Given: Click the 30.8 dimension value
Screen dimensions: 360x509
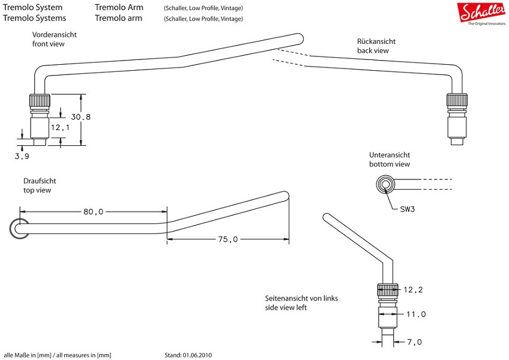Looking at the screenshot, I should click(x=80, y=117).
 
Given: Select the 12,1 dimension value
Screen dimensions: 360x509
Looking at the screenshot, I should click(x=60, y=127).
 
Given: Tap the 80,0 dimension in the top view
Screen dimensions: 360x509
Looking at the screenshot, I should click(x=93, y=212).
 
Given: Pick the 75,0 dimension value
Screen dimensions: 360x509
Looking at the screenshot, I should click(x=227, y=239).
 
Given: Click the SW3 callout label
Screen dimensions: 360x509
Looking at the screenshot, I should click(x=408, y=209).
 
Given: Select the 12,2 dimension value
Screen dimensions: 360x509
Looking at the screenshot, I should click(x=413, y=290).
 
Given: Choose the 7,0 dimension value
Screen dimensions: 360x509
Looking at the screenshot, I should click(x=414, y=342).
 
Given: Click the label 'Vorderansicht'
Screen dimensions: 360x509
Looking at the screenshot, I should click(x=55, y=35).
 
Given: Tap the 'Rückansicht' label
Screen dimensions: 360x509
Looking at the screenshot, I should click(x=376, y=42).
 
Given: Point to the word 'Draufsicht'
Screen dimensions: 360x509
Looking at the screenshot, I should click(x=40, y=181).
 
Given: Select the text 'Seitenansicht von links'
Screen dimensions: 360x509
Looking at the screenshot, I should click(x=303, y=298).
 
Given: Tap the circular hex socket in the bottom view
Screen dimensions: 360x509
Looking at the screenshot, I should click(x=385, y=184).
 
